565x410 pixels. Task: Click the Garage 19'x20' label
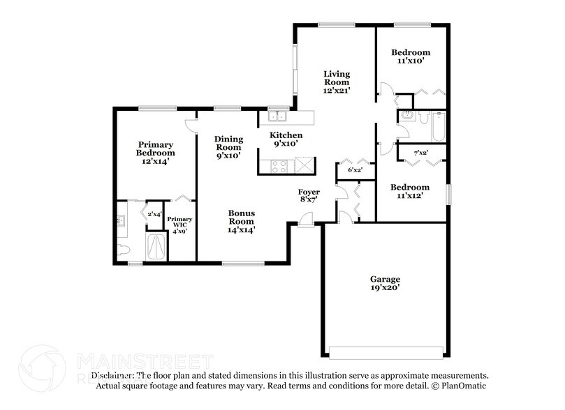coord(385,283)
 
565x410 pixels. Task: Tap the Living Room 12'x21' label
coord(336,82)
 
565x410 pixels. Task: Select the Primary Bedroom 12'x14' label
coord(155,153)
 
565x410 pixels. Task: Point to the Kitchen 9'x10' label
coord(286,139)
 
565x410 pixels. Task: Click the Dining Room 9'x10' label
coord(228,147)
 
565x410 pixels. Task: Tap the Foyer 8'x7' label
coord(309,196)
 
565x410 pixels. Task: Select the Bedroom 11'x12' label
coord(410,192)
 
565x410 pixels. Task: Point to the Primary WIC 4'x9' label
coord(179,225)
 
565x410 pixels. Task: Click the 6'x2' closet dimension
coord(345,169)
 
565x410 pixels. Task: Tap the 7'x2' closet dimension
coord(420,152)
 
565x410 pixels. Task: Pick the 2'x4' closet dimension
coord(153,215)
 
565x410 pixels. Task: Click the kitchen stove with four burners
coord(279,166)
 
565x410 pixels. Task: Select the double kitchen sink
coord(277,116)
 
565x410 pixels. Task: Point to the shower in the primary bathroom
coord(156,247)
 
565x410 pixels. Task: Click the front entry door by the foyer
coord(307,221)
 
